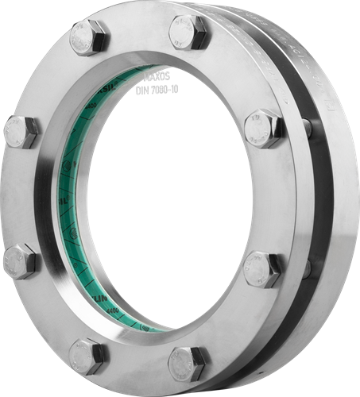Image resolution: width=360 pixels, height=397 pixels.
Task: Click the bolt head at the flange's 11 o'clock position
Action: (x=88, y=38)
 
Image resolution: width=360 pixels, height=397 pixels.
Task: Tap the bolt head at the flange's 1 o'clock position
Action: (x=188, y=32)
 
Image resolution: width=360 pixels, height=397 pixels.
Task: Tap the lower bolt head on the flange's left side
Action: (x=19, y=261)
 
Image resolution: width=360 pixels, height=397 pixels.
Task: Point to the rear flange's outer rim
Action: (x=334, y=198)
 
